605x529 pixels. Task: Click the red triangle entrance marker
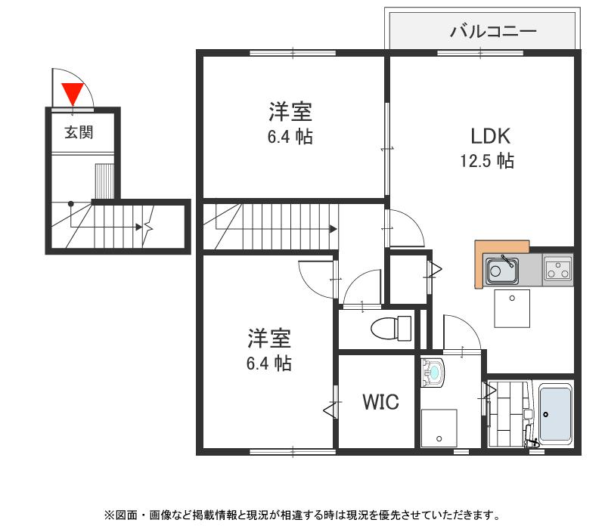[73, 93]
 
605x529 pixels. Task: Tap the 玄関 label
[78, 132]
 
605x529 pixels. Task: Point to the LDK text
[491, 136]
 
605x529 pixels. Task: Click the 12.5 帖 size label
[487, 161]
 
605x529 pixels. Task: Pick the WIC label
[380, 402]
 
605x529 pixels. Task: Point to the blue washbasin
[433, 372]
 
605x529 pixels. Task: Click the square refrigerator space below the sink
[512, 308]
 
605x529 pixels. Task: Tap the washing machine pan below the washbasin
[439, 428]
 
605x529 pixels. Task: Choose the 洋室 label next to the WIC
[268, 337]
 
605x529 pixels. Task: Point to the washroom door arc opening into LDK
[461, 333]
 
